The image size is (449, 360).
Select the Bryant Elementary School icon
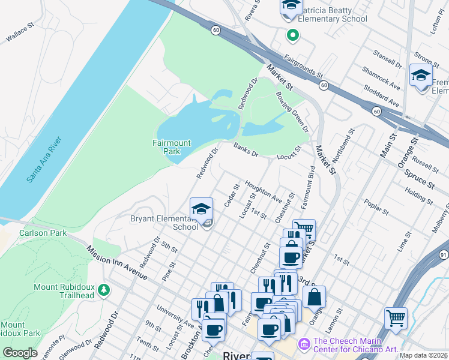202,209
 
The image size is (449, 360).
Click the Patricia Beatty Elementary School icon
291,6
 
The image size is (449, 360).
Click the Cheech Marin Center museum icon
304,343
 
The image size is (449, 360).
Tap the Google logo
19,352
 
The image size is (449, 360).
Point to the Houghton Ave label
263,190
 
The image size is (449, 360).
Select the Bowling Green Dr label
292,110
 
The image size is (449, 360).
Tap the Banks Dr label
246,149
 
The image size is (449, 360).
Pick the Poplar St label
373,209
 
